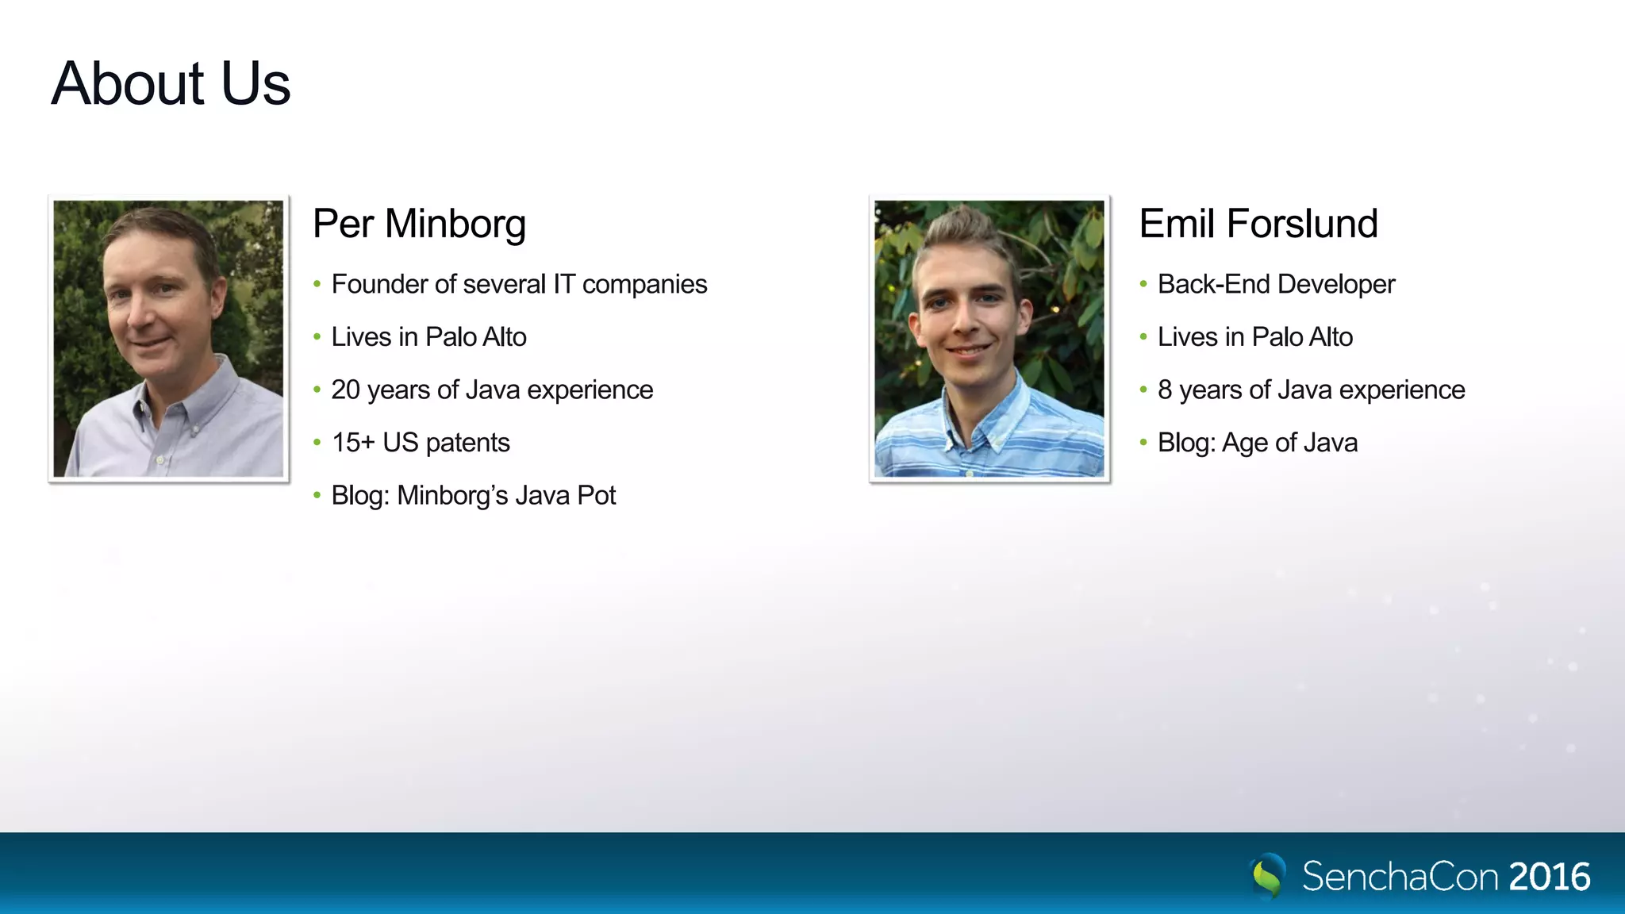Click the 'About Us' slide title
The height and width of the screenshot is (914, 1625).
coord(171,83)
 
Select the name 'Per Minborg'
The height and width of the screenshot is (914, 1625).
coord(419,224)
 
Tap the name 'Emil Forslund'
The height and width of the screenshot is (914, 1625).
coord(1258,224)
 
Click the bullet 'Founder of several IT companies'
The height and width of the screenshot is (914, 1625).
coord(519,284)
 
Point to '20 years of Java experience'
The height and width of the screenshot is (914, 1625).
coord(492,390)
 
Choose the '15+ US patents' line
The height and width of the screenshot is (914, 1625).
coord(421,443)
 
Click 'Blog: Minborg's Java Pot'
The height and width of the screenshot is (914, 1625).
coord(473,495)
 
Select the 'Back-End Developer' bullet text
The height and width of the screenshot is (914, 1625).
coord(1276,284)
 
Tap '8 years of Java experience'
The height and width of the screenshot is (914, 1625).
coord(1311,390)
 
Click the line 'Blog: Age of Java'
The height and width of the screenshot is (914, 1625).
coord(1258,443)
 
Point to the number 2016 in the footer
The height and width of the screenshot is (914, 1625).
coord(1550,877)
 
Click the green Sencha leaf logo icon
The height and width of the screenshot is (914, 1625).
coord(1268,876)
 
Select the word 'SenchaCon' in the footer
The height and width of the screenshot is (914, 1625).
coord(1400,877)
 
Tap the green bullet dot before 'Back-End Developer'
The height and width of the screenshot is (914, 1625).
coord(1143,284)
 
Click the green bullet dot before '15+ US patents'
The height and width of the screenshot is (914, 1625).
coord(317,443)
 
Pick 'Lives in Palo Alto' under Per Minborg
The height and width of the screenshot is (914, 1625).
coord(428,337)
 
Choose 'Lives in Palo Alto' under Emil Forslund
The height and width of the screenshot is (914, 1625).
coord(1255,337)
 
